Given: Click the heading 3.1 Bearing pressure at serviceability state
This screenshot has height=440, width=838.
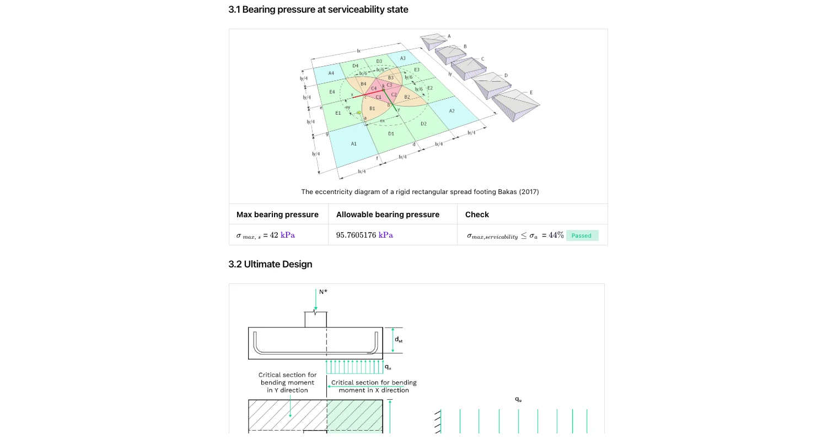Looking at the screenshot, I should point(318,9).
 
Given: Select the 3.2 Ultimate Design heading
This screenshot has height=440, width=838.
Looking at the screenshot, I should point(270,264).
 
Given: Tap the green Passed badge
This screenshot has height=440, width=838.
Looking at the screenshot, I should point(581,235).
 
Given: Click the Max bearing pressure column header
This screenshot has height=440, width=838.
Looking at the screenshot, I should point(277,214).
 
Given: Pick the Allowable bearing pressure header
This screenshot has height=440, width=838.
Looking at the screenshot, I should point(388,214).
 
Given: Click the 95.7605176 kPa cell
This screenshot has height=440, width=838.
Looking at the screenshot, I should point(364,235).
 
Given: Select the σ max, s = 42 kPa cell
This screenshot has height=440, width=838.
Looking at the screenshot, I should point(266,235).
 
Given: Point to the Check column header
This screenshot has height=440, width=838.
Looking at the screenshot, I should point(477,214).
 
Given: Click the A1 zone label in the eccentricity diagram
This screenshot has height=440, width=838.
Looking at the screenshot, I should point(354,144).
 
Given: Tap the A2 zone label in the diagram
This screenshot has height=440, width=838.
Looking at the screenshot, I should point(452,111).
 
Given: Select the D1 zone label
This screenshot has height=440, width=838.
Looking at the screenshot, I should point(391,133).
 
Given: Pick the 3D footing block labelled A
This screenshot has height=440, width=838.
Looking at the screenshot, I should point(433,41).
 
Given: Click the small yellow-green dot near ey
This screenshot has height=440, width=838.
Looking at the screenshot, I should point(359,112).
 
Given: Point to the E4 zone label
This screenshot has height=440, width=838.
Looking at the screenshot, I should point(332,92).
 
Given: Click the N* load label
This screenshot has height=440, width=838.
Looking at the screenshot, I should point(323,292).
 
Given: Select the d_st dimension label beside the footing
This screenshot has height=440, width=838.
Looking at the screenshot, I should point(398,340).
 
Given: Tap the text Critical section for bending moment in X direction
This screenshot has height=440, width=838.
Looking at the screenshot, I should point(374,386).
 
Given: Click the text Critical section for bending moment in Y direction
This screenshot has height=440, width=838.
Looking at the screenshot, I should point(287,382).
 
